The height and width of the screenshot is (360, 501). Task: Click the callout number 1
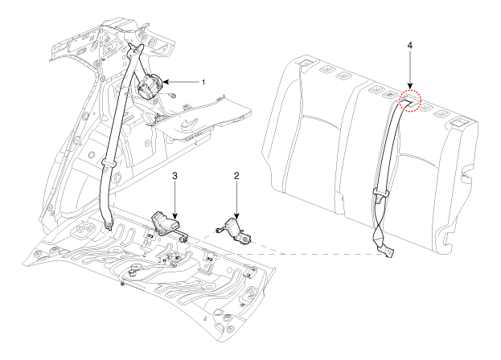tap(203, 82)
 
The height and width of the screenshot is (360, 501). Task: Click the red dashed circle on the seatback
tap(411, 100)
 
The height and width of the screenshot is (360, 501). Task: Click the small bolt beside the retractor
tap(173, 97)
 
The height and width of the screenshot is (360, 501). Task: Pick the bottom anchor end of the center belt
tap(388, 252)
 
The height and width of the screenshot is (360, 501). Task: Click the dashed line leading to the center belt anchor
tap(322, 245)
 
